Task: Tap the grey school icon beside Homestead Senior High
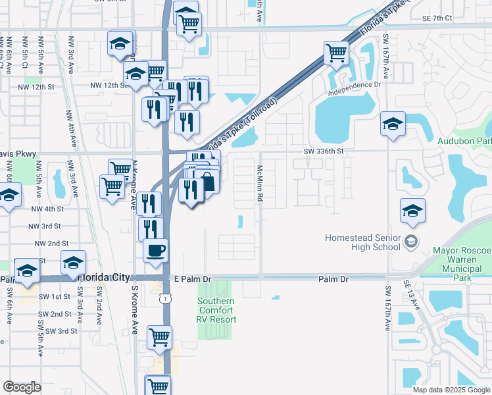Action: pyautogui.click(x=412, y=241)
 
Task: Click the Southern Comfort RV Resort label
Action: pyautogui.click(x=216, y=311)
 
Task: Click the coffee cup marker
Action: pyautogui.click(x=155, y=250)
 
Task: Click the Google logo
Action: pyautogui.click(x=22, y=386)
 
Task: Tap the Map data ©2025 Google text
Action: pyautogui.click(x=451, y=390)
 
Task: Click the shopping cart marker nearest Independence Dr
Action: pyautogui.click(x=336, y=52)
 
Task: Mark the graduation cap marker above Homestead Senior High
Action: pyautogui.click(x=413, y=211)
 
